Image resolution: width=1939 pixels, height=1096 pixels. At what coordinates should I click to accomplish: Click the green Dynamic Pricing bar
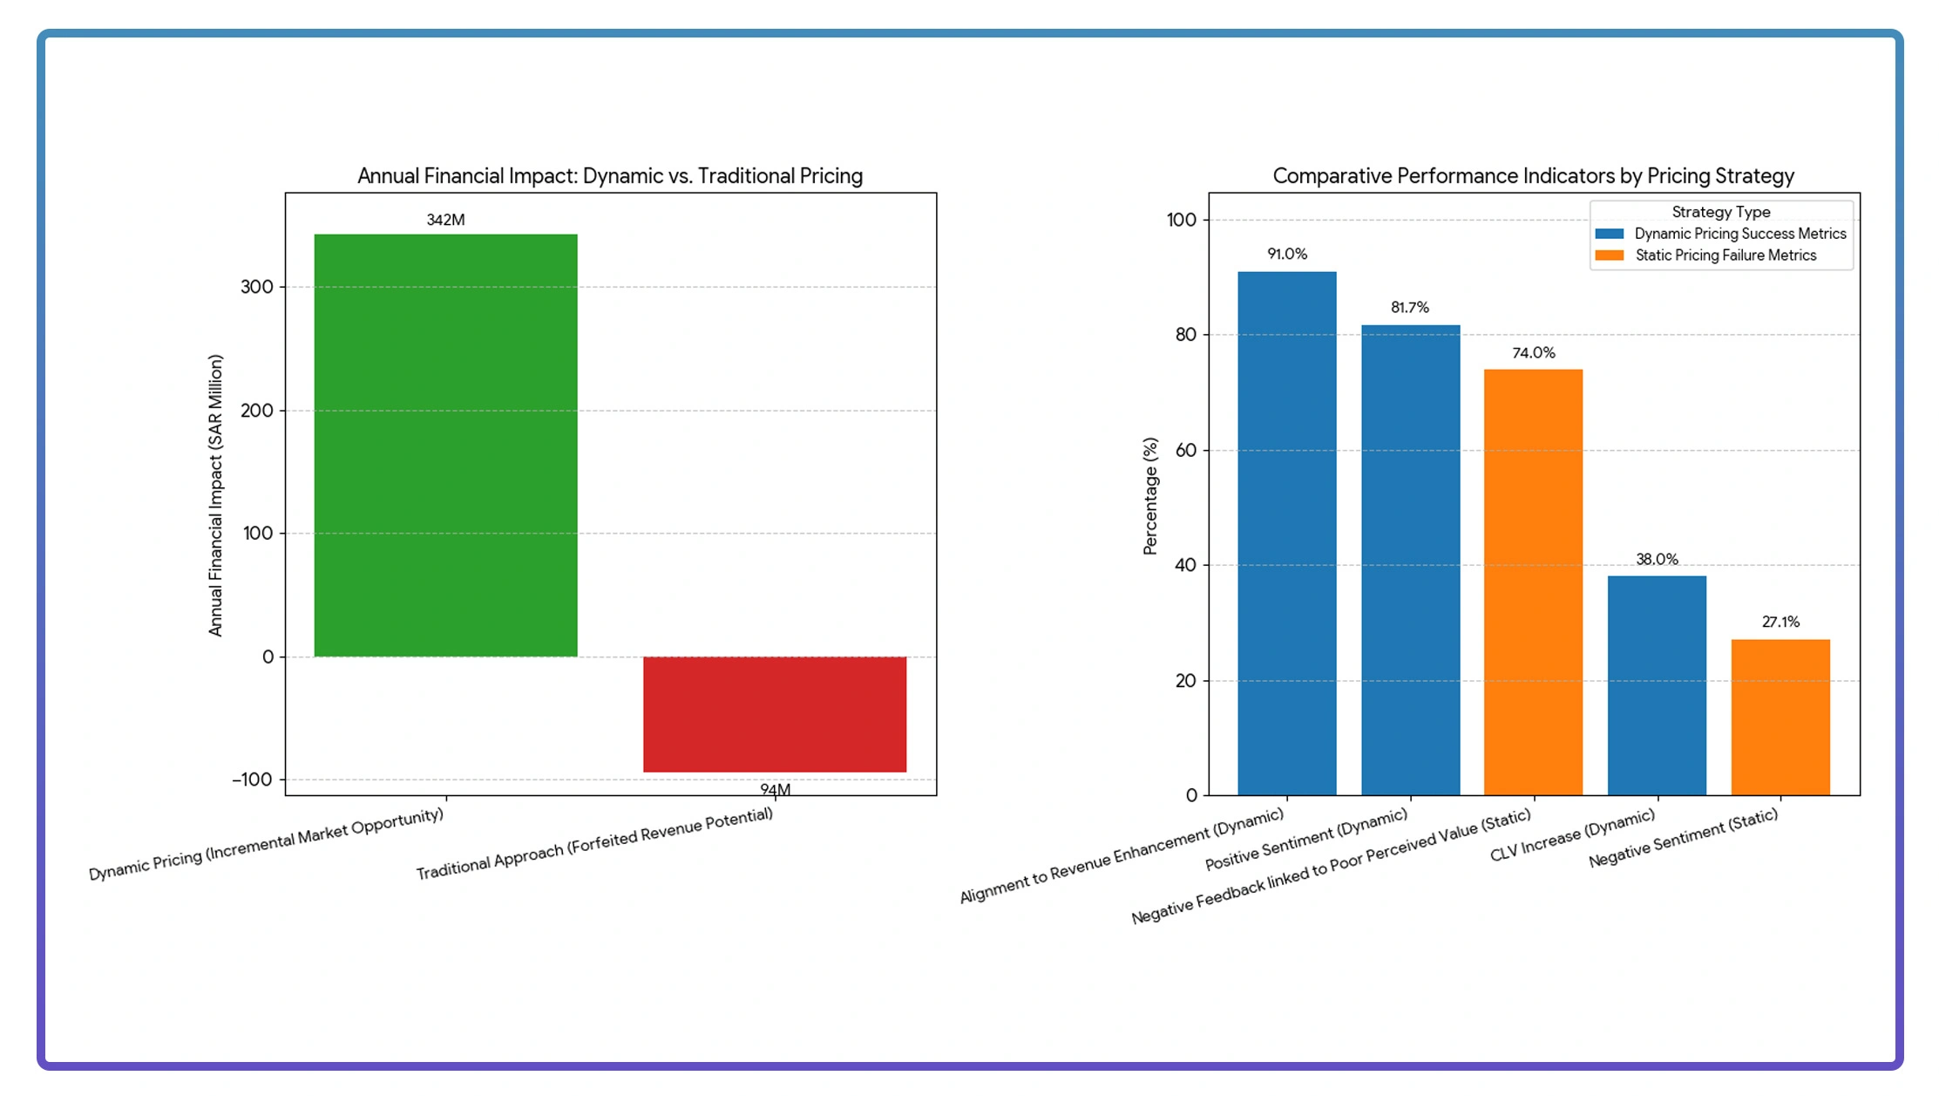pos(445,445)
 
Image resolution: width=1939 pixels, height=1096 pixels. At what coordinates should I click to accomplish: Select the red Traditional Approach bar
pos(775,714)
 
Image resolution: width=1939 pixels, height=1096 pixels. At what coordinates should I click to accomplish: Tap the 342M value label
pos(445,220)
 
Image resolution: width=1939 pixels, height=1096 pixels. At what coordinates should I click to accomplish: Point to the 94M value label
pos(775,789)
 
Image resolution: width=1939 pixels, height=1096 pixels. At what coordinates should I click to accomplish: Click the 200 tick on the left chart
pos(257,411)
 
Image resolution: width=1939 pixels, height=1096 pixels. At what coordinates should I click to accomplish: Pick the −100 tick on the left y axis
pos(252,779)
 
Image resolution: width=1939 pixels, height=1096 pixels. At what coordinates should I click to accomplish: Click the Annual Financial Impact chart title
pos(610,176)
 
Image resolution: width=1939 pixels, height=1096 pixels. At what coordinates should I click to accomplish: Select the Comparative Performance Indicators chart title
pos(1533,176)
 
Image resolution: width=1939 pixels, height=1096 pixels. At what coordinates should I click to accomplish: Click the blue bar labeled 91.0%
pos(1286,532)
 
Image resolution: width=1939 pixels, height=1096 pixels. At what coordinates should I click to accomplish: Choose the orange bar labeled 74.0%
pos(1533,582)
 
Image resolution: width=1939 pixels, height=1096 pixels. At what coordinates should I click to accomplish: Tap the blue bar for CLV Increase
pos(1657,684)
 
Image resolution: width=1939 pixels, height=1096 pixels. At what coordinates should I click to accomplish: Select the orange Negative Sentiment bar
pos(1780,717)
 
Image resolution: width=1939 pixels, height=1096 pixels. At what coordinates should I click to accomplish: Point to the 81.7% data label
pos(1409,308)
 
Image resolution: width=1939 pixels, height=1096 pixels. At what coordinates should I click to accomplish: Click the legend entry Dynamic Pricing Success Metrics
pos(1739,234)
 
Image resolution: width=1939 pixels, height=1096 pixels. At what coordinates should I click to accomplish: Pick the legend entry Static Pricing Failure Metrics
pos(1725,255)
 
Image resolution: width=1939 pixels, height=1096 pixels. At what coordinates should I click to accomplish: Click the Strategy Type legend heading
pos(1720,212)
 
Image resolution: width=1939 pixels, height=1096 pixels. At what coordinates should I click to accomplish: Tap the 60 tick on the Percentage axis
pos(1185,451)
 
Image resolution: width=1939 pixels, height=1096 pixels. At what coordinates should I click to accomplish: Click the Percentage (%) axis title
pos(1150,496)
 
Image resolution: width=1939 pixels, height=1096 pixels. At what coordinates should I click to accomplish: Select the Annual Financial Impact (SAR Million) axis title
pos(215,495)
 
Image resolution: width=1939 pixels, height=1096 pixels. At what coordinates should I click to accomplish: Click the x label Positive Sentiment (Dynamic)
pos(1306,839)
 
